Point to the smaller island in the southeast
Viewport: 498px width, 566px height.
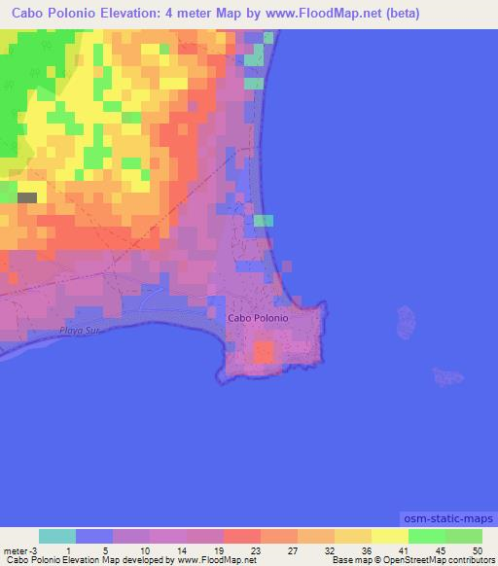point(447,375)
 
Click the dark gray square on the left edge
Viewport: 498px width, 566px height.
point(27,197)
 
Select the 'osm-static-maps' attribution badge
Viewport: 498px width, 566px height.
point(447,514)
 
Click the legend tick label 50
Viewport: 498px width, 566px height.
point(476,549)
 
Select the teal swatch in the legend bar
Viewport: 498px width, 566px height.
point(57,536)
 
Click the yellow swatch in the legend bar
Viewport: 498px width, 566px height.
point(390,536)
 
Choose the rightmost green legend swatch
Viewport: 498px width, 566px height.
point(464,536)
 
